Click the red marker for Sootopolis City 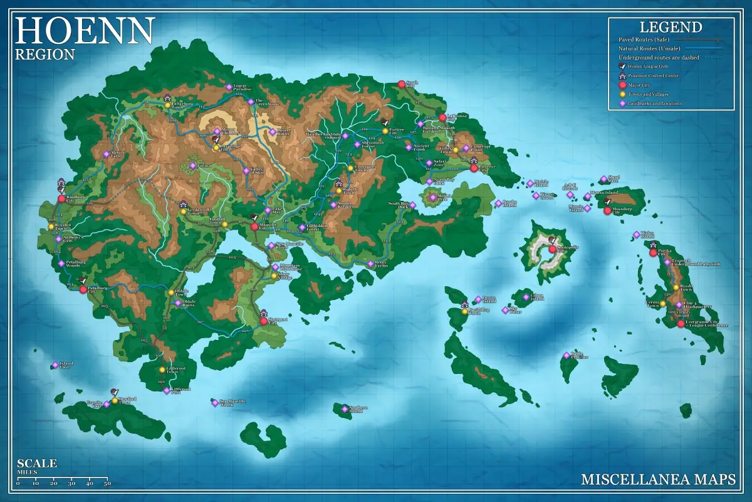point(552,249)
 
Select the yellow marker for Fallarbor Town point(167,105)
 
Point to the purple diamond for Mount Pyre point(432,197)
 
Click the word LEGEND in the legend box point(671,27)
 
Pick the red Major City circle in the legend point(622,85)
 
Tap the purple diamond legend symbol point(622,104)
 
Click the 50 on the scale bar point(107,483)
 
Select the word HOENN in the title point(85,29)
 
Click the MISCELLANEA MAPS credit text point(658,479)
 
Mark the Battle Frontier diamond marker point(567,355)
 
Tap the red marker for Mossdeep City point(607,211)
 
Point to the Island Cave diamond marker point(55,365)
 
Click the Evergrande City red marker point(681,324)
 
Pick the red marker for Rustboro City point(61,199)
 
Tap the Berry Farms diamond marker point(370,264)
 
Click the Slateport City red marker point(264,322)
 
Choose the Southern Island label point(358,409)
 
